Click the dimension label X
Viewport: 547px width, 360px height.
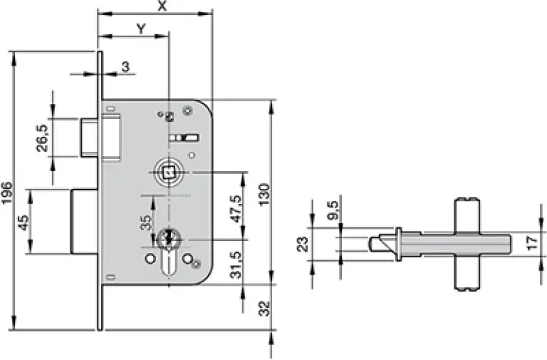click(162, 5)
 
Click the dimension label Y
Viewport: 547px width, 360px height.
click(140, 29)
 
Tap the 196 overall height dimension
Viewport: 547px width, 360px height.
click(7, 192)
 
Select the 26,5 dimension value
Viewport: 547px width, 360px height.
click(42, 138)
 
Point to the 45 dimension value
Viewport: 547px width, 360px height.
click(23, 222)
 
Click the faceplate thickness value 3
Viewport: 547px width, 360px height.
click(125, 66)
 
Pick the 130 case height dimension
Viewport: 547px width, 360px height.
click(265, 195)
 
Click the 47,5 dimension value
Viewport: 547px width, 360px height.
click(237, 209)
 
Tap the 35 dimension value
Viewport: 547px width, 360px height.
click(146, 223)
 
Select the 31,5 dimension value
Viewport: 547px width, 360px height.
click(237, 265)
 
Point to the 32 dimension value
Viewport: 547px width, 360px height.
click(266, 308)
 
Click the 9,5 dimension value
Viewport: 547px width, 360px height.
click(333, 210)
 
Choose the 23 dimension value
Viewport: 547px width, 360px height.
click(303, 244)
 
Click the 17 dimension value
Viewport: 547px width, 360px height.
click(532, 243)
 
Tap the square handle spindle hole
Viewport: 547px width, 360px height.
click(169, 173)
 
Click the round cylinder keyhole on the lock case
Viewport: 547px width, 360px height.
click(169, 240)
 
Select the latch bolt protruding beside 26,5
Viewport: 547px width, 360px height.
click(89, 138)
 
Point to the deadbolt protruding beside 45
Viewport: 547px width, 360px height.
click(85, 222)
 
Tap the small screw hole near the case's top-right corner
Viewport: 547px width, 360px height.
click(188, 111)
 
